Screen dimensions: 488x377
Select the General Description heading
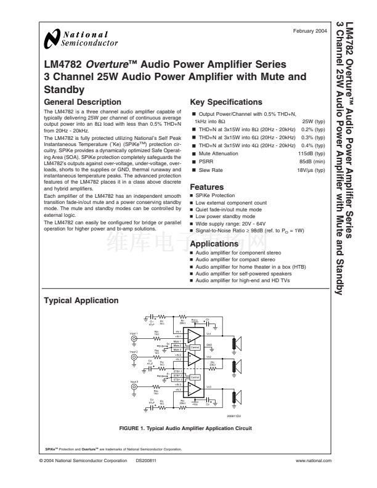83,102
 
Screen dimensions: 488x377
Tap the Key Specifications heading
226,102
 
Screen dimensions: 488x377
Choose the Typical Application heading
82,301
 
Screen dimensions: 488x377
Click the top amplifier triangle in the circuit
193,336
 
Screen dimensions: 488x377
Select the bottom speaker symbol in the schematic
235,390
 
